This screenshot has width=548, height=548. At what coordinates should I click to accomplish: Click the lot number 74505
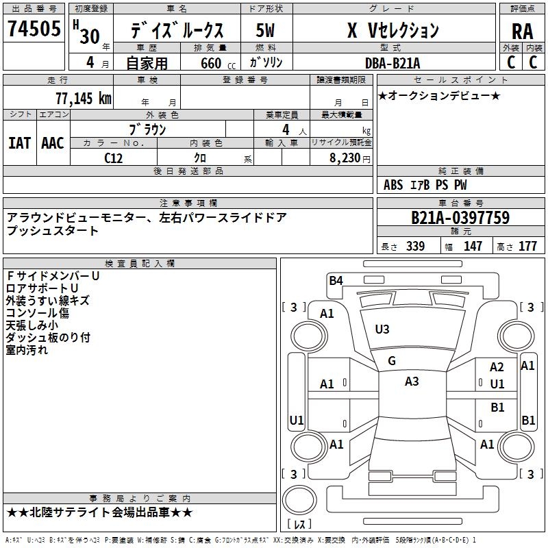pos(34,30)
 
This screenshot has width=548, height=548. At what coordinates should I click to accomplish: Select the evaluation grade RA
pos(522,31)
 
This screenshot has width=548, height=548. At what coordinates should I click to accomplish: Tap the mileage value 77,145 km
pos(83,99)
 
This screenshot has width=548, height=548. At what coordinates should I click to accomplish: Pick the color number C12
pos(113,157)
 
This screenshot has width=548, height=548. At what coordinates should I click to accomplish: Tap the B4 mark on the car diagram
pos(336,279)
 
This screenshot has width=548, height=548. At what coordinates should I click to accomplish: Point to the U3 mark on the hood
pos(382,329)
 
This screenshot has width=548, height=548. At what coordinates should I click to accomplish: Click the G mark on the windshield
pos(392,361)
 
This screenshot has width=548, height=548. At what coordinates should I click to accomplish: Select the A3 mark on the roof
pos(412,382)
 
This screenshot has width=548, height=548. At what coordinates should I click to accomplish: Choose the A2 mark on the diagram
pos(497,368)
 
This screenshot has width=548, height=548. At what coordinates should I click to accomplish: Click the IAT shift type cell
pos(19,143)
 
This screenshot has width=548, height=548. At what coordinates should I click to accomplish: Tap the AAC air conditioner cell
pos(53,143)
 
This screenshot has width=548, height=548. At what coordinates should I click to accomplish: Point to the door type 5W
pos(266,31)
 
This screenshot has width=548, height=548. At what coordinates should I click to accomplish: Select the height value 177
pos(527,247)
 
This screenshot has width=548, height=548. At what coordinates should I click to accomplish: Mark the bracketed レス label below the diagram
pos(299,525)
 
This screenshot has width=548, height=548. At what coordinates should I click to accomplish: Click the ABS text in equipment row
pos(393,185)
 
